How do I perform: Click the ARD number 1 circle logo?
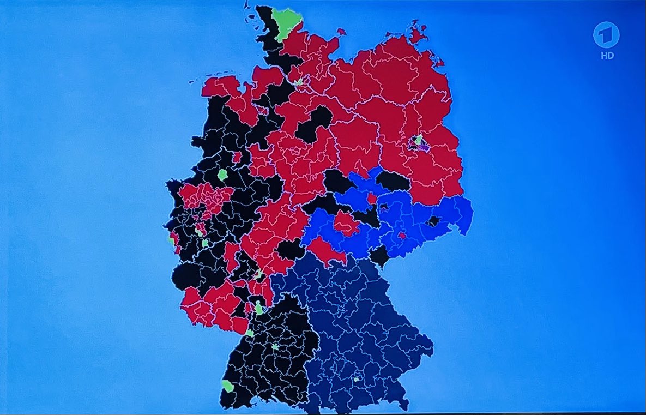pos(606,38)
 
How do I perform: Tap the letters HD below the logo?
pos(606,56)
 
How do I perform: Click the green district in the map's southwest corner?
pos(228,386)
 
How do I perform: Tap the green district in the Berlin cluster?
pos(418,140)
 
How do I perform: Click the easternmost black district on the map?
pos(433,221)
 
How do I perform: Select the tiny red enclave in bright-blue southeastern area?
pos(402,236)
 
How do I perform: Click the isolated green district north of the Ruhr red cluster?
pos(222,175)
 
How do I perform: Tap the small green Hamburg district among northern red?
pos(299,82)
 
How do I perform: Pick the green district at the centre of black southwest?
pos(276,346)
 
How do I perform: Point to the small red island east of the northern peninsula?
pos(341,32)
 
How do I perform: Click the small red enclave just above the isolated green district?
pos(237,157)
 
